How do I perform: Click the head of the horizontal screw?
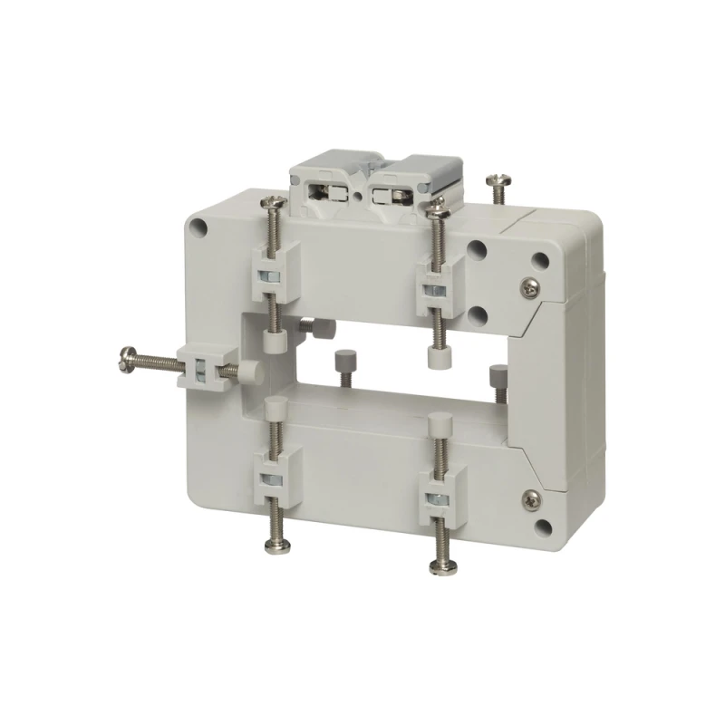[125, 360]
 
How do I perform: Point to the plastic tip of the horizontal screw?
[246, 371]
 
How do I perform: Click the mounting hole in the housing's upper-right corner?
[542, 259]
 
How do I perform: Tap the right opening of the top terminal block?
[400, 195]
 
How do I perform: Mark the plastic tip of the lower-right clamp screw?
[441, 423]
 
